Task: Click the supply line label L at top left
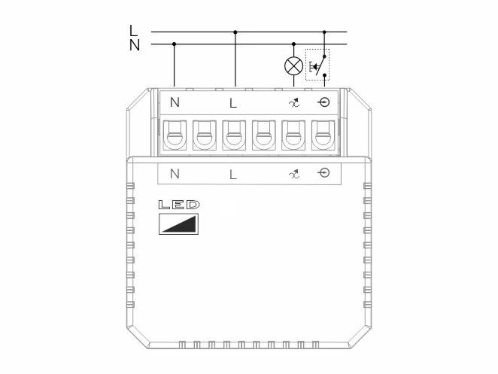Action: coord(133,31)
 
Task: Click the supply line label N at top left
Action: coord(135,45)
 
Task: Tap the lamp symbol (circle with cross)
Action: coord(293,66)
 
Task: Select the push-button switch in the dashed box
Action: coord(317,65)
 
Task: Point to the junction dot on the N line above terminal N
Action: coord(174,44)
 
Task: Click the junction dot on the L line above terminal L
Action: coord(235,32)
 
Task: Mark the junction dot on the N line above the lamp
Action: coord(293,44)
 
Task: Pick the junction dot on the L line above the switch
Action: coord(324,32)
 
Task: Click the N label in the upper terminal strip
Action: coord(175,102)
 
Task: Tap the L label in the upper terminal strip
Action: coord(233,103)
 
